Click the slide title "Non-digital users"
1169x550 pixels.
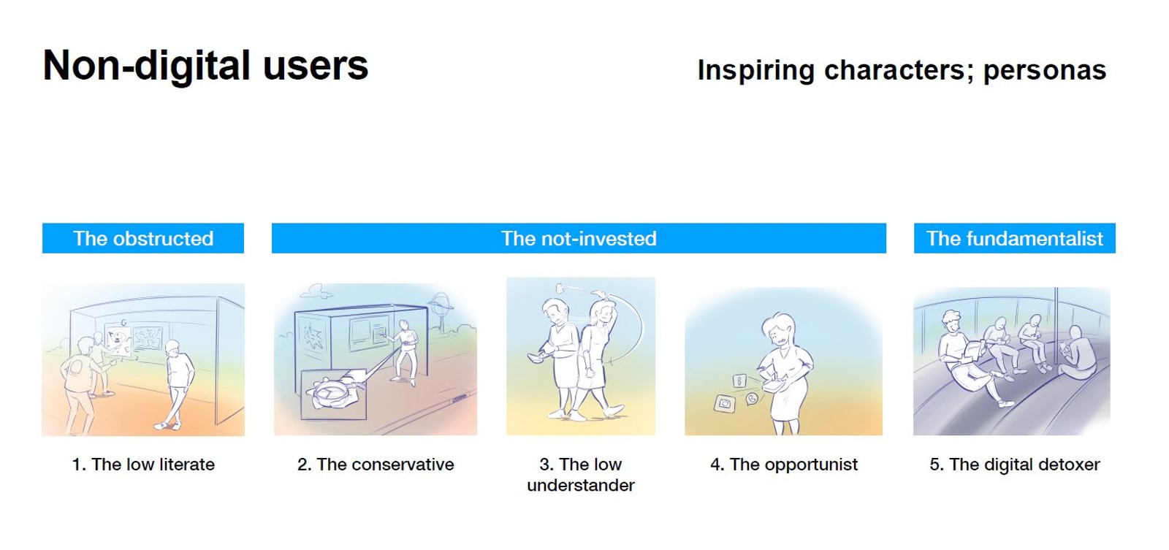(205, 66)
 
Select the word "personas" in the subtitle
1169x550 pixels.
(1044, 70)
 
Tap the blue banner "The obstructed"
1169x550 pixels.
(143, 238)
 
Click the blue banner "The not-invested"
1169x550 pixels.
(579, 238)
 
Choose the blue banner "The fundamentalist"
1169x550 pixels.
(1015, 238)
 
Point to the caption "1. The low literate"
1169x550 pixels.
(143, 465)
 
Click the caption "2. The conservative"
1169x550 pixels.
(376, 465)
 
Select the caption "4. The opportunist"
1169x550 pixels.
(784, 465)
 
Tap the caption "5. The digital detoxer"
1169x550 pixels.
(1015, 465)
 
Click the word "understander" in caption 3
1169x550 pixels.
(581, 485)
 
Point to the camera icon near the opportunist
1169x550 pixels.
(724, 404)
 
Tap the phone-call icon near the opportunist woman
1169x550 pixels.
(752, 400)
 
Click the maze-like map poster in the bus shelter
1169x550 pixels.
(148, 337)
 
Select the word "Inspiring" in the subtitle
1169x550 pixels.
(755, 71)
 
